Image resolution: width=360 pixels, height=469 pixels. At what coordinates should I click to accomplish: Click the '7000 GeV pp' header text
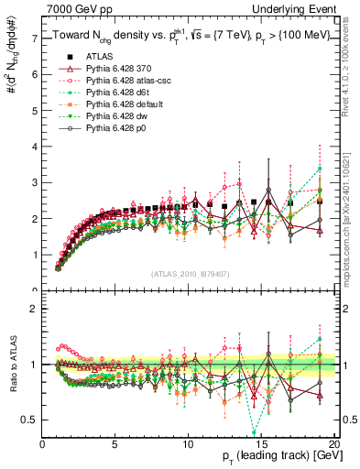click(72, 8)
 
